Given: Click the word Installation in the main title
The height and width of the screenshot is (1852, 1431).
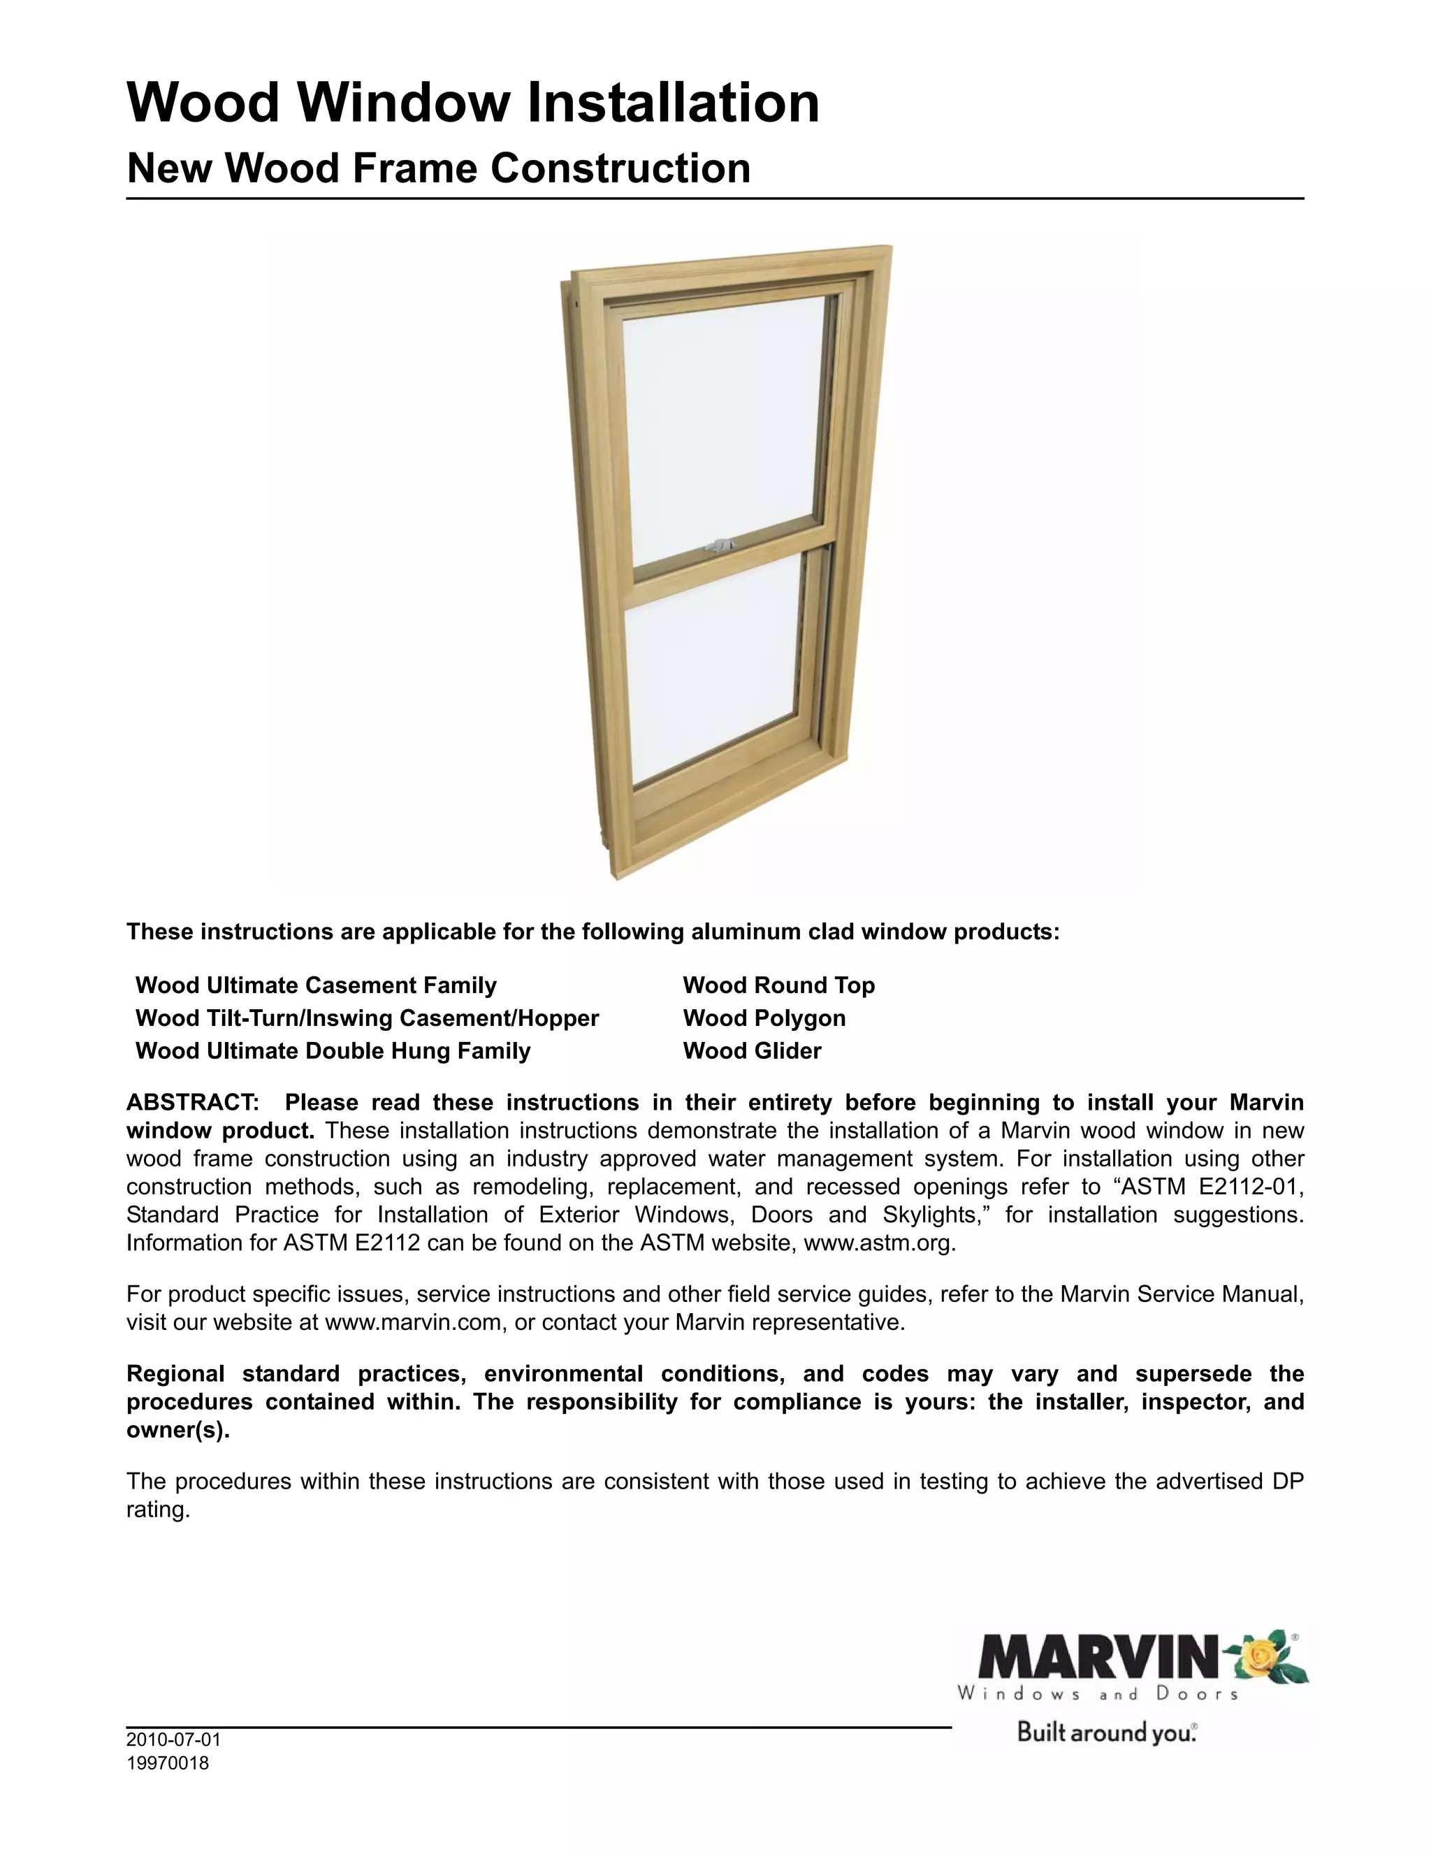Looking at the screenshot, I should (x=673, y=103).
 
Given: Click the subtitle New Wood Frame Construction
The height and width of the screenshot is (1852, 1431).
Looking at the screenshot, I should (x=438, y=168).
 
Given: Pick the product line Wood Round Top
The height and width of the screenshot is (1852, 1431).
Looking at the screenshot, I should (x=778, y=985).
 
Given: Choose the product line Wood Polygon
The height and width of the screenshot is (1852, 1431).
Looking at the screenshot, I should (x=764, y=1018).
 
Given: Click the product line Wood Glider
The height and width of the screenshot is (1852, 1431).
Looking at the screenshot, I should (x=752, y=1052).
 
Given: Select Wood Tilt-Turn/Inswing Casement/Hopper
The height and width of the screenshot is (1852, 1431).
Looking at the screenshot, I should (x=367, y=1018).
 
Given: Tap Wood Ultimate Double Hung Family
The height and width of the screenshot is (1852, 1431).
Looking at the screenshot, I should (x=333, y=1052).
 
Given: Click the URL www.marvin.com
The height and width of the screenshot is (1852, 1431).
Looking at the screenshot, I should (x=413, y=1323).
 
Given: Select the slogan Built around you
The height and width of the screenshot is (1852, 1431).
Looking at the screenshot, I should (x=1106, y=1732).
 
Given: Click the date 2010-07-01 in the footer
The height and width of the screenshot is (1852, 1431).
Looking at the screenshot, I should (x=173, y=1740).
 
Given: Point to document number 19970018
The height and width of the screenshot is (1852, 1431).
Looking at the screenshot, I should (x=167, y=1764).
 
